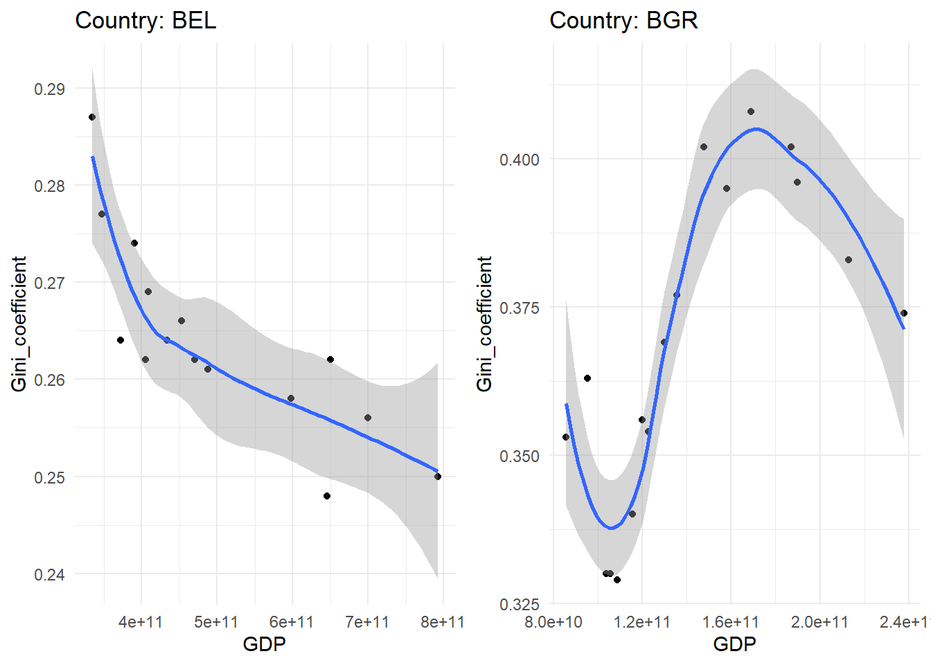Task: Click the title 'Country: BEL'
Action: coord(145,20)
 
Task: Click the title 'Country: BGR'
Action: coord(623,20)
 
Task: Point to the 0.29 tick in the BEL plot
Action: coord(49,89)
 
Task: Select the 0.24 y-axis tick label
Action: coord(49,574)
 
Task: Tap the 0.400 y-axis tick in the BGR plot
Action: coord(519,159)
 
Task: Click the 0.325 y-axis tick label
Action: coord(519,604)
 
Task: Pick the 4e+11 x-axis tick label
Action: coord(141,622)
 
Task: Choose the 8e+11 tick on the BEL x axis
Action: coord(443,622)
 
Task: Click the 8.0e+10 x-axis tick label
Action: coord(553,622)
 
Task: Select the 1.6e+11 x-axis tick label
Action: coord(731,622)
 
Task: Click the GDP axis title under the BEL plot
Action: coord(264,644)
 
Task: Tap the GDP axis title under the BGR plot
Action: coord(734,644)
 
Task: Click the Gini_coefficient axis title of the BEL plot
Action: coord(19,323)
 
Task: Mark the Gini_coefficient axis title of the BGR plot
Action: coord(484,323)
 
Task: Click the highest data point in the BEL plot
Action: coord(92,117)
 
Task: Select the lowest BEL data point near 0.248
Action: coord(327,496)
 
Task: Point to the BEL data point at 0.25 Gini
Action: coord(438,477)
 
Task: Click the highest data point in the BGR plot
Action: coord(751,112)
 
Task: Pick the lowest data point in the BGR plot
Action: coord(617,580)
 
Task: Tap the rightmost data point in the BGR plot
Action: coord(904,313)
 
